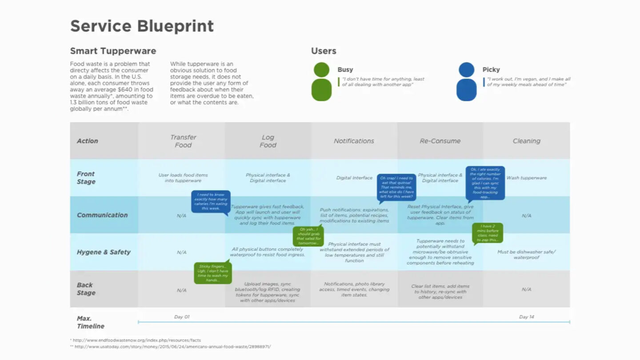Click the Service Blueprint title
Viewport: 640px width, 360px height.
142,26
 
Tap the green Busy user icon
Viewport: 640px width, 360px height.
321,82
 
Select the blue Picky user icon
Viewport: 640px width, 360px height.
466,82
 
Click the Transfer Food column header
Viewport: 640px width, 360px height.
183,141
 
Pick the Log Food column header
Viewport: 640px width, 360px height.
268,141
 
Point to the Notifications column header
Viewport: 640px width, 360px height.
354,141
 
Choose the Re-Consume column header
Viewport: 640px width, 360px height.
440,141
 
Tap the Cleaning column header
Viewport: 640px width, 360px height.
526,141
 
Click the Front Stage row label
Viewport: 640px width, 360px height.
86,178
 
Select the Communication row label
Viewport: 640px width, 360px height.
102,215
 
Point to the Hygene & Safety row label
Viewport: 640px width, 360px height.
104,252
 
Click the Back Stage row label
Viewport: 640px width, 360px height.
86,289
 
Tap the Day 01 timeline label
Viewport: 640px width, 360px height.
181,317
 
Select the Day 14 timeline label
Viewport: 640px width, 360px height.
526,317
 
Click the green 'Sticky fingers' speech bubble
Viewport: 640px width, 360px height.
213,273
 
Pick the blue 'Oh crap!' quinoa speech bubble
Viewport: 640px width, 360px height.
396,187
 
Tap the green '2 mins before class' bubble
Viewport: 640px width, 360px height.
488,232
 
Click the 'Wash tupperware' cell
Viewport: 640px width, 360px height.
527,178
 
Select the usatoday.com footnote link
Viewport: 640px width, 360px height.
172,347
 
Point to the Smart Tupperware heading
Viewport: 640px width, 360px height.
113,51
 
